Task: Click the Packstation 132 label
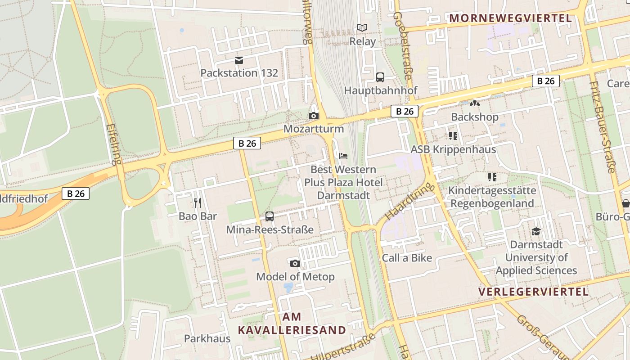tap(239, 73)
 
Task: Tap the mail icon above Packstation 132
tap(239, 60)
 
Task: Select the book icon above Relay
tap(362, 28)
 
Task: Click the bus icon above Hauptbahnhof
tap(380, 77)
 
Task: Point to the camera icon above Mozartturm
tap(314, 116)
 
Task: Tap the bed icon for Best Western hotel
tap(343, 157)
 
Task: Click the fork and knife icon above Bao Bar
tap(198, 203)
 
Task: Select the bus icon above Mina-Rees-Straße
tap(270, 216)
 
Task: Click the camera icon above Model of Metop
tap(295, 263)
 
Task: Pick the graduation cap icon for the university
tap(536, 232)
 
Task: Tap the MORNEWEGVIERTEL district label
tap(511, 18)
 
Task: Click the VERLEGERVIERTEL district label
tap(533, 292)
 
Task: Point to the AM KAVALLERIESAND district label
tap(292, 324)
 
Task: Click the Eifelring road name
tap(114, 144)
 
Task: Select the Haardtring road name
tap(409, 201)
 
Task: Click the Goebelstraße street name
tap(402, 45)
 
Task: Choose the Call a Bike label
tap(407, 258)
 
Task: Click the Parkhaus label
tap(207, 338)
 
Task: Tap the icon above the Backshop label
tap(475, 104)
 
